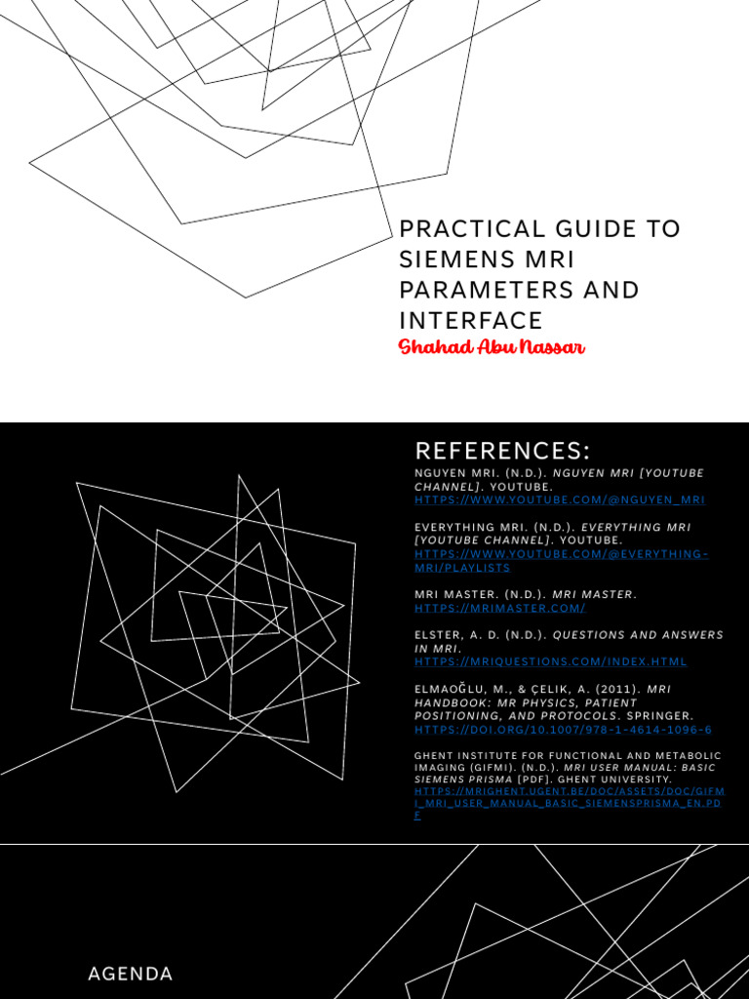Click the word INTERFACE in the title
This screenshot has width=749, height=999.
click(x=470, y=320)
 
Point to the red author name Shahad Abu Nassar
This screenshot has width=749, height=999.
click(x=492, y=347)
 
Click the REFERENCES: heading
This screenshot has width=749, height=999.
click(x=502, y=451)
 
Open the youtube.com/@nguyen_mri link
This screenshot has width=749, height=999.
click(x=559, y=499)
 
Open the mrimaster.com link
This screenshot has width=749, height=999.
click(x=499, y=608)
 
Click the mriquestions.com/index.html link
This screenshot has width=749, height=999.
click(x=550, y=661)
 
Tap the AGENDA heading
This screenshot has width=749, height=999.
click(x=130, y=974)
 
